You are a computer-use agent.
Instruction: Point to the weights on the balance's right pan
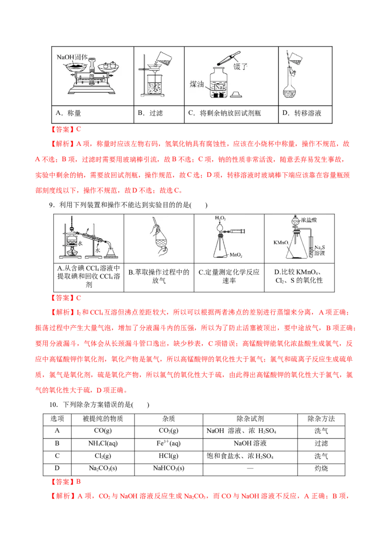pos(110,64)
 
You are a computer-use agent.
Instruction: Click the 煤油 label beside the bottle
pos(197,84)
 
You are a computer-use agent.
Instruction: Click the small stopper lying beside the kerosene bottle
pos(236,94)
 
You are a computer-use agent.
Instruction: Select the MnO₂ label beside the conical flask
pos(236,254)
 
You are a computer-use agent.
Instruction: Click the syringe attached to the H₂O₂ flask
pos(238,231)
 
